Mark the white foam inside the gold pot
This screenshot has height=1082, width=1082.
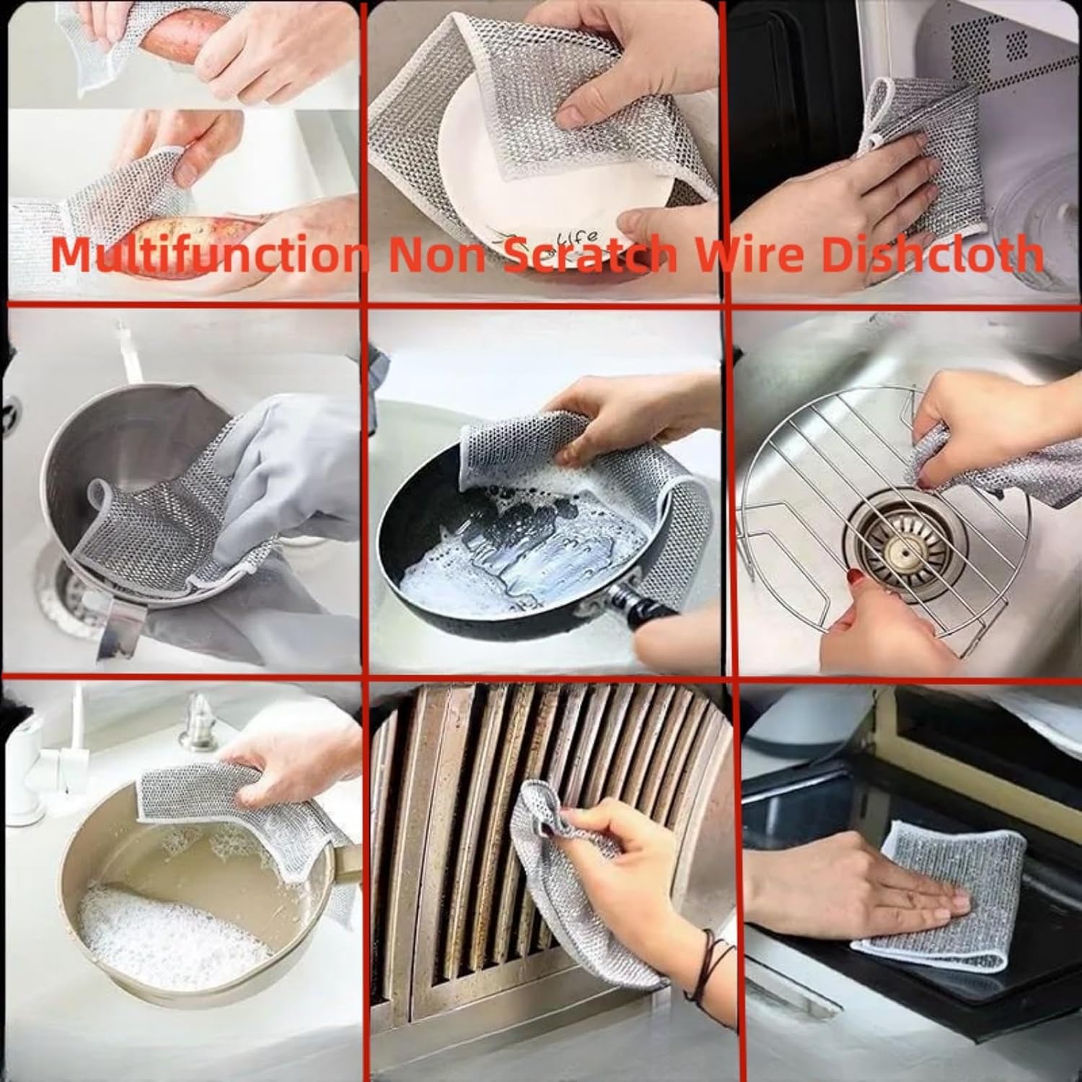166,931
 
